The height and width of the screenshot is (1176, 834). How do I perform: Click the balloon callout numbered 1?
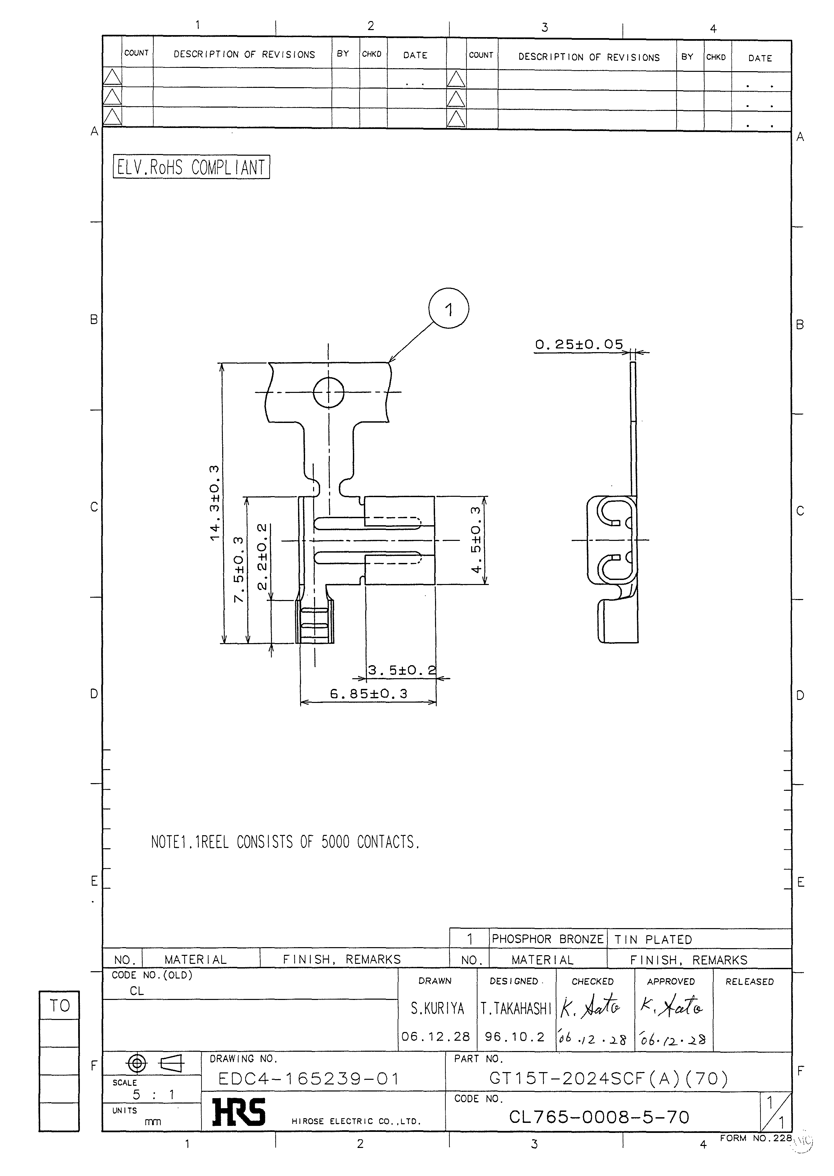point(448,308)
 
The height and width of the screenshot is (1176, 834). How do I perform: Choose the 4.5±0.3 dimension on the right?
point(476,540)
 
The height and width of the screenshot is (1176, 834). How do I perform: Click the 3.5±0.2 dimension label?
point(402,670)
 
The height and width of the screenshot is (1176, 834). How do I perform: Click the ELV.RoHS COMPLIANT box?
point(191,167)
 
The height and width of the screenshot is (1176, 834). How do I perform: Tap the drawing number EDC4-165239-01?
point(309,1078)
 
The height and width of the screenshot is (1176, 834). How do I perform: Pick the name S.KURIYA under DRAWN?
point(437,1009)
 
